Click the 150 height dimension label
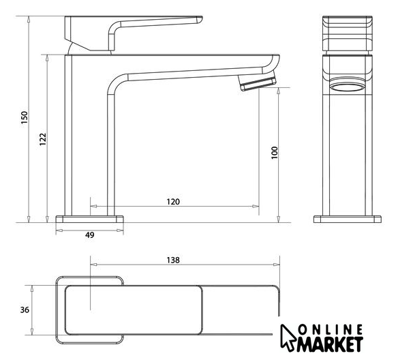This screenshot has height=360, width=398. point(24,117)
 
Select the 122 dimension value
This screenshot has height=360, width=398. point(43,139)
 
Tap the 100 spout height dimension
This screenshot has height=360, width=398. point(275,153)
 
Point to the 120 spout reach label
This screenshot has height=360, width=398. point(173,202)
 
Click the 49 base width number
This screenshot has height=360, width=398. point(89,235)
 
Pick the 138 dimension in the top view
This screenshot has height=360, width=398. point(173,260)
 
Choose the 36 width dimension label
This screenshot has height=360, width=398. point(25,310)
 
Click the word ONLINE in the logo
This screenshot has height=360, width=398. point(331,330)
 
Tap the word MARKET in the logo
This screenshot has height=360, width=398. point(330,344)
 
